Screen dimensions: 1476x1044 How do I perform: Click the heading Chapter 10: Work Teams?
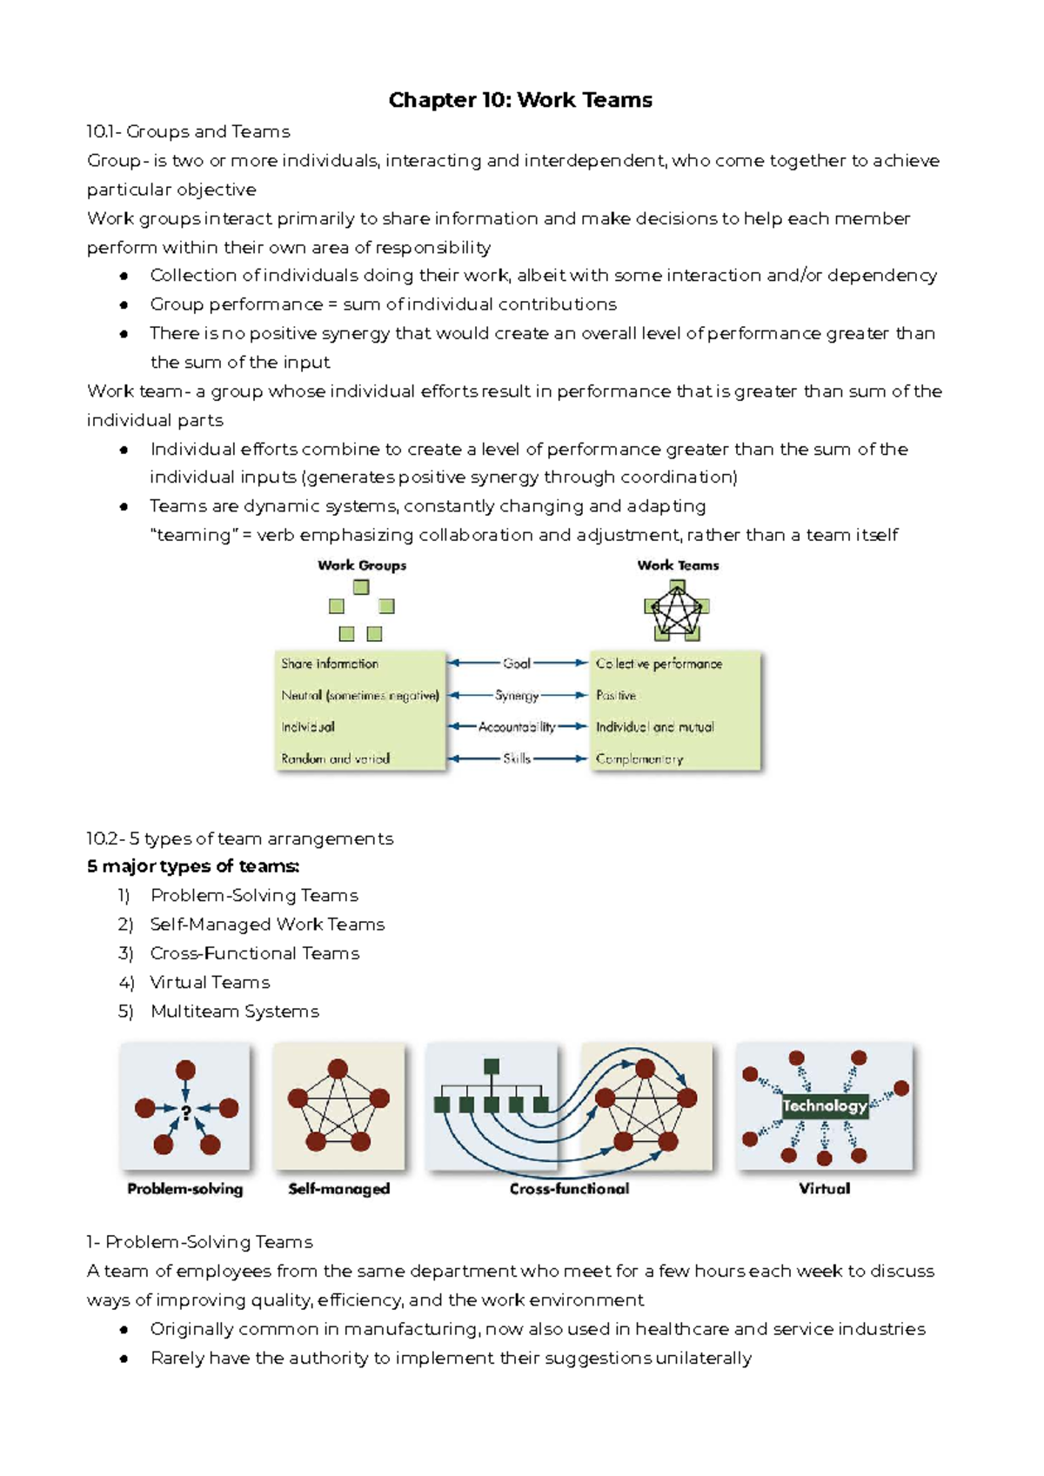(x=520, y=100)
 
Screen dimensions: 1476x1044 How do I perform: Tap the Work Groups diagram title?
(x=362, y=565)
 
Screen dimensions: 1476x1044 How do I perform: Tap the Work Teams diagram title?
(x=678, y=565)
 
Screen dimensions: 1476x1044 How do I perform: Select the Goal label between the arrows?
(x=517, y=663)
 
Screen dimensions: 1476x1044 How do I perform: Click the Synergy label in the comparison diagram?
(x=517, y=695)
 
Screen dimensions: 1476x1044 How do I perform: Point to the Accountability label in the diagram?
(x=517, y=726)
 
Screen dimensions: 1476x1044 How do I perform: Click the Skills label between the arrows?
(x=517, y=758)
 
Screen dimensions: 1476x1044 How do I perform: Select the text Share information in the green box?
(x=330, y=664)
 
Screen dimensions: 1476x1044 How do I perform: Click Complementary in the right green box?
(x=639, y=758)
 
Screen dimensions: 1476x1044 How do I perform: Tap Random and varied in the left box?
(x=335, y=758)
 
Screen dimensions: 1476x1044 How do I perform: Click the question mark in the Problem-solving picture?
(x=185, y=1113)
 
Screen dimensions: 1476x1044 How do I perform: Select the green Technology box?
(x=824, y=1105)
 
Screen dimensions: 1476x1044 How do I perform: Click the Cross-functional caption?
(x=569, y=1188)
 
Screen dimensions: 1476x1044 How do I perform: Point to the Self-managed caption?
(x=338, y=1188)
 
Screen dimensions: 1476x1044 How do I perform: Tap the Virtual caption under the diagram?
(x=824, y=1188)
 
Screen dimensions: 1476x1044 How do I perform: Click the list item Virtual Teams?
(x=210, y=982)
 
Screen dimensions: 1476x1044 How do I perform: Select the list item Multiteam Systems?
(x=234, y=1011)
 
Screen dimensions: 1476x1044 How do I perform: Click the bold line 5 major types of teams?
(x=193, y=866)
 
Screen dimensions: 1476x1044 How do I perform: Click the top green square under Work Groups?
(x=361, y=587)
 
